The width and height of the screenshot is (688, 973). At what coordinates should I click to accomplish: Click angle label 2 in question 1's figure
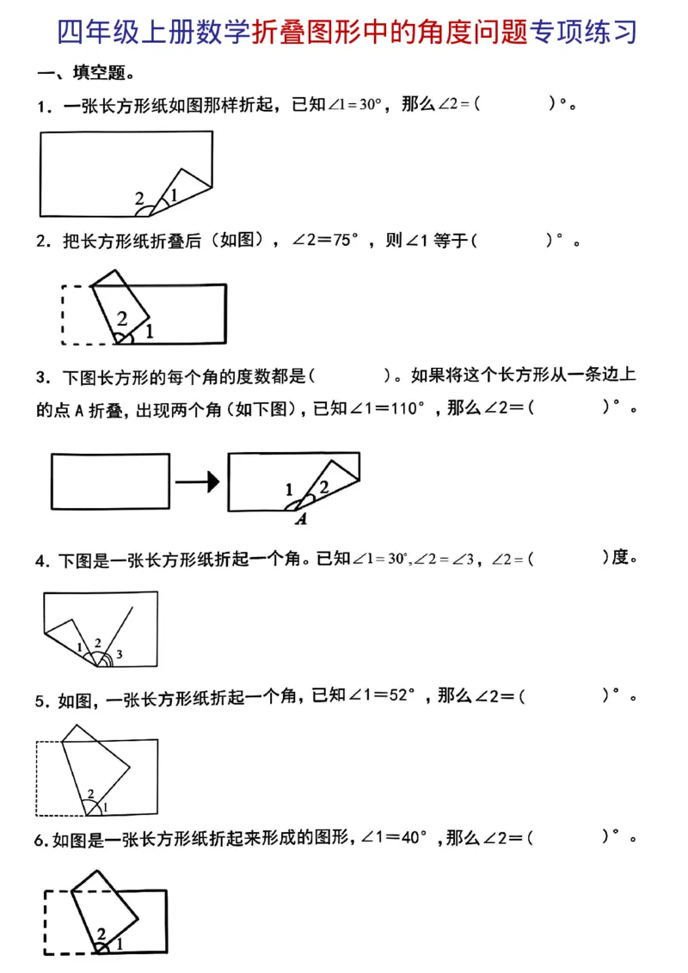(140, 199)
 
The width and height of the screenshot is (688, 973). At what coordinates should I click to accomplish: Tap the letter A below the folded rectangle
(301, 519)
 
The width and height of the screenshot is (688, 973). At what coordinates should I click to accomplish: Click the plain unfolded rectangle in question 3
(110, 481)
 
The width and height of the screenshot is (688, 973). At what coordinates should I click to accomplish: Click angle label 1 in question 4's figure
(79, 646)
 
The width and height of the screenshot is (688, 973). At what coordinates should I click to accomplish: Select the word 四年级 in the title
(94, 32)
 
